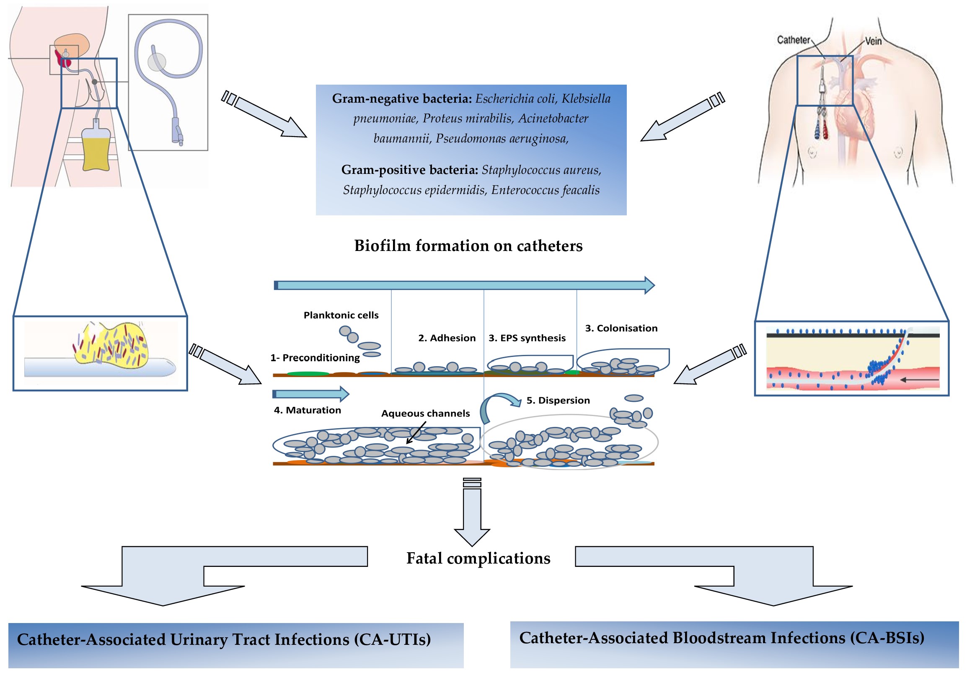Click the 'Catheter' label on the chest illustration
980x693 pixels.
click(793, 40)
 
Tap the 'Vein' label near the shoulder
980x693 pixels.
click(873, 41)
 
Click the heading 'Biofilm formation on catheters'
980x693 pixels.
click(468, 246)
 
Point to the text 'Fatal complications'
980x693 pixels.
click(478, 558)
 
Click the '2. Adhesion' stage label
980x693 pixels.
click(447, 338)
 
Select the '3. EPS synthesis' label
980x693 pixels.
click(527, 338)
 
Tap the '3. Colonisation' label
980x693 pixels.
click(621, 328)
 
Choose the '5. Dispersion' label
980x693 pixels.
click(558, 400)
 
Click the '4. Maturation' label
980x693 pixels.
click(307, 410)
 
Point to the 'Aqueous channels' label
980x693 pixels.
click(425, 414)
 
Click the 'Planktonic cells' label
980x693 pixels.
click(341, 315)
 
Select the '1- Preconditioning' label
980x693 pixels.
click(315, 357)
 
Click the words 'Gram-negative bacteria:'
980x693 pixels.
click(402, 98)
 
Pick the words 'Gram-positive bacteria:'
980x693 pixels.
click(409, 170)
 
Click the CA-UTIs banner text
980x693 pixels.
click(224, 639)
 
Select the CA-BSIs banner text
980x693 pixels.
click(721, 638)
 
